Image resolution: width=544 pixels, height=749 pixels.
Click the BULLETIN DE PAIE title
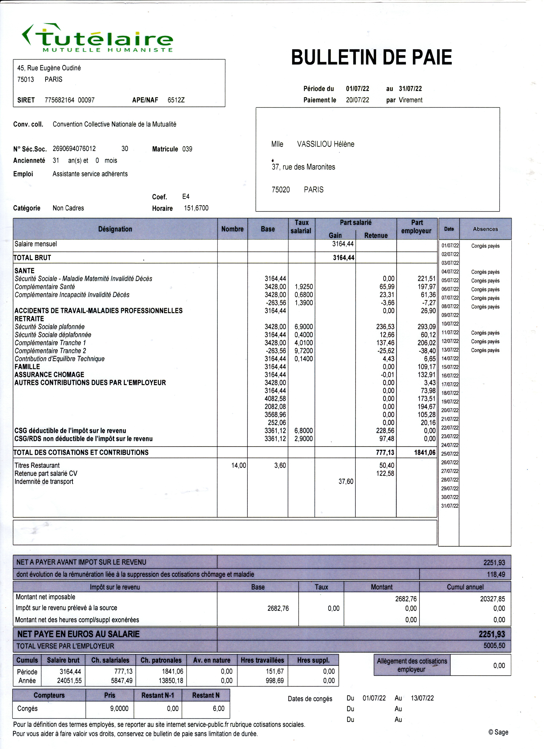coord(371,57)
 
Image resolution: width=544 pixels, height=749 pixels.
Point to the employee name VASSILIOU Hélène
coord(326,144)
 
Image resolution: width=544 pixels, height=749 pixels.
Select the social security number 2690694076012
coord(74,149)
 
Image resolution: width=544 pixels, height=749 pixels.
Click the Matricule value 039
coord(187,149)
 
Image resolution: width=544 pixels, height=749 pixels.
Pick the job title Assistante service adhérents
coord(90,174)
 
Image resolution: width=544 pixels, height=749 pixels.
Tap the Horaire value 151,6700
coord(196,208)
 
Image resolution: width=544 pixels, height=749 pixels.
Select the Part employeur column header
coord(417,227)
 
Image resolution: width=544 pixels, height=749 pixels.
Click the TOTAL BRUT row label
coord(32,258)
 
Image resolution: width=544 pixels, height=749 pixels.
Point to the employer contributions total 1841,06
coord(425,452)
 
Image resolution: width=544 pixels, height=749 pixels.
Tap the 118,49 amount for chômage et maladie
coord(496,574)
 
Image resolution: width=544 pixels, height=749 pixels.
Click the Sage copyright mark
coord(498,732)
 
